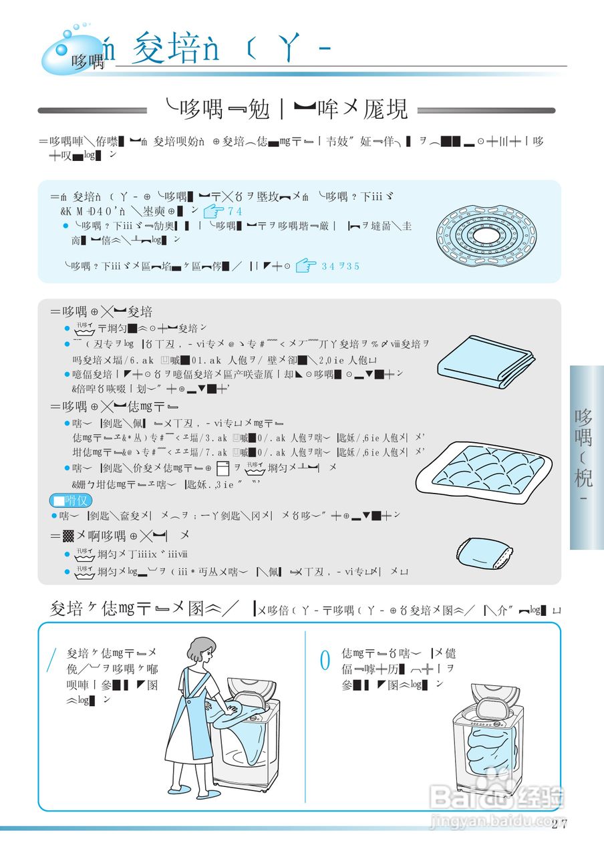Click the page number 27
[x=560, y=823]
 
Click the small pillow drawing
[x=484, y=552]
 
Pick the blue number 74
[x=235, y=212]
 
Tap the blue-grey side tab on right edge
[x=586, y=457]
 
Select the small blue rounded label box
[x=71, y=500]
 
